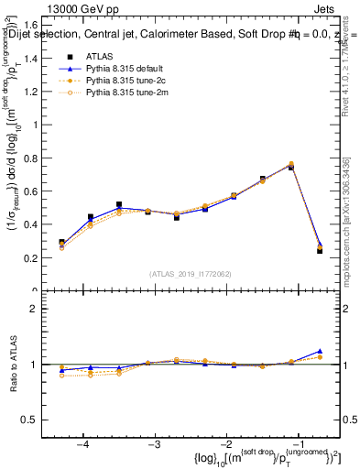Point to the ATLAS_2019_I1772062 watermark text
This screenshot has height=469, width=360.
(191, 273)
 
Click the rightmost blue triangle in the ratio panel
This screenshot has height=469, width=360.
(320, 351)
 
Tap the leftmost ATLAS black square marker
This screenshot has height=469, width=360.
(61, 243)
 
